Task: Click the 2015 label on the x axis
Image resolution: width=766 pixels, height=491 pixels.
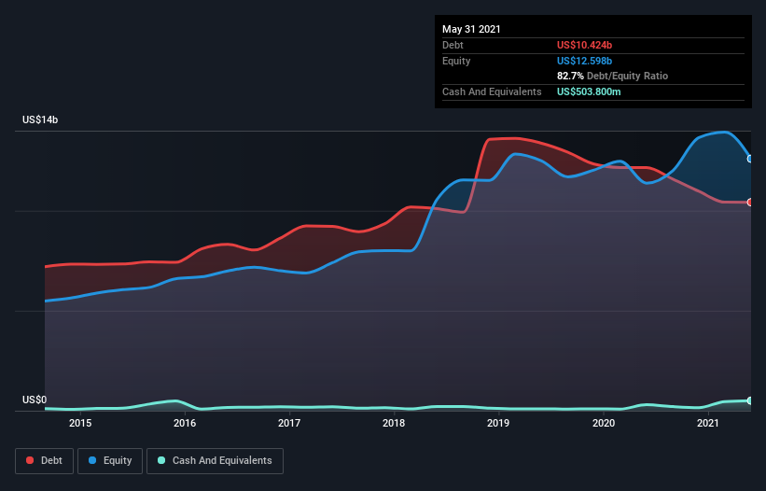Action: coord(80,423)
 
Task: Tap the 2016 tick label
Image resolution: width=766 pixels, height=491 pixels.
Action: coord(185,423)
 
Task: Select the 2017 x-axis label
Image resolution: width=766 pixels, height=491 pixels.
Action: coord(289,423)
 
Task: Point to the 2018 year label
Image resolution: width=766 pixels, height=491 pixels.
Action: coord(394,423)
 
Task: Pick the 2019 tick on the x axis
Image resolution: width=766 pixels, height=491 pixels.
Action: coord(498,423)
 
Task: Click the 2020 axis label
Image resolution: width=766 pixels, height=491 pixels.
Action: coord(604,423)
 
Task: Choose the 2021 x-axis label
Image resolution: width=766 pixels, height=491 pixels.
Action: coord(708,423)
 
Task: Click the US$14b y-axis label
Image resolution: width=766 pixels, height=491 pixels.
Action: coord(40,119)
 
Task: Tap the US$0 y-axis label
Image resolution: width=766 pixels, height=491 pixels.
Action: coord(35,400)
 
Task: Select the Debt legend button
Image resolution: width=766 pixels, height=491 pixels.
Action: coord(45,461)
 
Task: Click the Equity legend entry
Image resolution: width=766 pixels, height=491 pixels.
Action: coord(110,461)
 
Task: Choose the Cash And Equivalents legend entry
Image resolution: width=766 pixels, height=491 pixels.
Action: coord(215,461)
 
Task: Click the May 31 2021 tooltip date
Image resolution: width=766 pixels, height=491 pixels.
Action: coord(471,29)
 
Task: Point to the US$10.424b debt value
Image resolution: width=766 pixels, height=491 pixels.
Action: coord(584,45)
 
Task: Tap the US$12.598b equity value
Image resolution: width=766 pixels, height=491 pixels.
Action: coord(584,61)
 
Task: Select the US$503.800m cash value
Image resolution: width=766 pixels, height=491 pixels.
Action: coord(589,91)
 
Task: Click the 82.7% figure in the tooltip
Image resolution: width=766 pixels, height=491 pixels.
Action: coord(570,77)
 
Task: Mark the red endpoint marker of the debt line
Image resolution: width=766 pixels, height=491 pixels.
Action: coord(750,203)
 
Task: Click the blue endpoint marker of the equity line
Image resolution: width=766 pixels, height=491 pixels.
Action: coord(750,159)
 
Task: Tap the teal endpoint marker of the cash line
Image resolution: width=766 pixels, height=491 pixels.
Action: coord(750,400)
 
